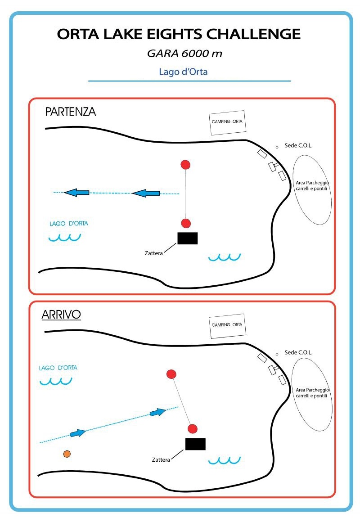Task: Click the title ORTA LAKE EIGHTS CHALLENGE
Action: pyautogui.click(x=179, y=34)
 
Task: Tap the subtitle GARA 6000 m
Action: pyautogui.click(x=185, y=54)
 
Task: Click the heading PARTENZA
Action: pyautogui.click(x=71, y=112)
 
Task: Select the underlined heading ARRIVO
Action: pyautogui.click(x=61, y=315)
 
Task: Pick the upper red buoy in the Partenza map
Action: pyautogui.click(x=185, y=165)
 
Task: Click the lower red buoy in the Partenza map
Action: pyautogui.click(x=186, y=223)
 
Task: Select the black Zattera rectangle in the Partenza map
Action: pyautogui.click(x=187, y=238)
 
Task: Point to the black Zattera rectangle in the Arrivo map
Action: pyautogui.click(x=195, y=444)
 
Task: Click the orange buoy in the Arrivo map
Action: pyautogui.click(x=67, y=454)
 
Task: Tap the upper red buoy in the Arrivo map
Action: pyautogui.click(x=171, y=374)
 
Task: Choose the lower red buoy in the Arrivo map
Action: pyautogui.click(x=193, y=428)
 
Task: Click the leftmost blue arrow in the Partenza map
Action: pyautogui.click(x=76, y=193)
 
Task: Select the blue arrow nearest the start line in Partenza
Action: pyautogui.click(x=146, y=193)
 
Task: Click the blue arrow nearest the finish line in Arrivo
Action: pyautogui.click(x=157, y=412)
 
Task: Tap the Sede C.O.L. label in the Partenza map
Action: pyautogui.click(x=298, y=146)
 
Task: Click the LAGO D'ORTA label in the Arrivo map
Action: pyautogui.click(x=58, y=368)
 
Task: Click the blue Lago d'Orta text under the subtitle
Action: pyautogui.click(x=183, y=72)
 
